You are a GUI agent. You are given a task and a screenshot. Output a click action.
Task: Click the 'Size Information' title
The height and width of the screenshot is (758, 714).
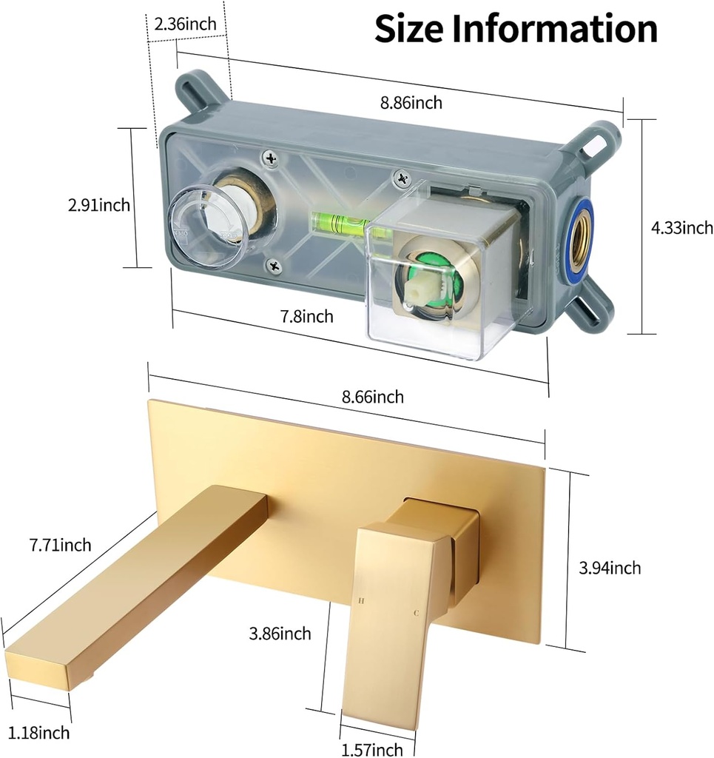point(516,28)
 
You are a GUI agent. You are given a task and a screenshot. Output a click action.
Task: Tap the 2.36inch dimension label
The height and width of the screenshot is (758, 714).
point(185,24)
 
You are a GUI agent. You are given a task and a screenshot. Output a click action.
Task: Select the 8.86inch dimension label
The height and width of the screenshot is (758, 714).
point(411,103)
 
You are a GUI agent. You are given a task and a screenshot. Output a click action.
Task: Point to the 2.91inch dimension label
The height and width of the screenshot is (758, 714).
point(99,205)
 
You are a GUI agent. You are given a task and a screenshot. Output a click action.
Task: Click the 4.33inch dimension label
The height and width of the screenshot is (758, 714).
point(681,228)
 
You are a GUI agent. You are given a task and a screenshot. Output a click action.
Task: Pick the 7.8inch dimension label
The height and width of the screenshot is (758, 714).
point(306,317)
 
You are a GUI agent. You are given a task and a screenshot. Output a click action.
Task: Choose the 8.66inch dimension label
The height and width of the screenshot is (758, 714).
point(373,397)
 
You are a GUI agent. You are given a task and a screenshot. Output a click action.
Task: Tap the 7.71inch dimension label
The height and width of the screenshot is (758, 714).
point(61,546)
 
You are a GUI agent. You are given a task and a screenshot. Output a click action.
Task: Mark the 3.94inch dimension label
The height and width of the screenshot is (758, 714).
point(610,568)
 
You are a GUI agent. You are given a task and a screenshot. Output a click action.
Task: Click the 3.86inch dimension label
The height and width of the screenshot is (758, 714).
point(280,634)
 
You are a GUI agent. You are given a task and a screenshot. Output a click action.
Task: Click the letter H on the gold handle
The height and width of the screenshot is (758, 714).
point(362,601)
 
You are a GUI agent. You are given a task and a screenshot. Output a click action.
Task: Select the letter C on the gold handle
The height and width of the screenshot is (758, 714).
point(416,614)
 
